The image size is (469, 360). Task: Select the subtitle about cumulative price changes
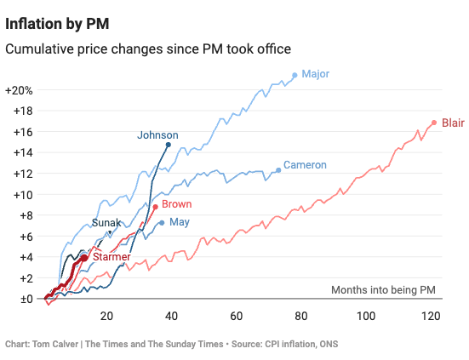(148, 49)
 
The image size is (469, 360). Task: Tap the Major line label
(315, 74)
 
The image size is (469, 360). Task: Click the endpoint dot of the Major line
(295, 75)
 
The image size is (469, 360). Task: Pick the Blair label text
(452, 123)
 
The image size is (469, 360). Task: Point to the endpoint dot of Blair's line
(434, 123)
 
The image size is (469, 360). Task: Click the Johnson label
(157, 134)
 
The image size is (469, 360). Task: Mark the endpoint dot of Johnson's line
(168, 145)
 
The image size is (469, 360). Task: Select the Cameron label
(306, 164)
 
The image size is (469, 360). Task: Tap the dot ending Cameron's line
(278, 170)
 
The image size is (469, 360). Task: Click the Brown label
(176, 204)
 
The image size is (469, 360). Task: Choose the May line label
(179, 222)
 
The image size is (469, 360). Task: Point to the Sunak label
(106, 223)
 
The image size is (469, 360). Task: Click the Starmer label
(111, 256)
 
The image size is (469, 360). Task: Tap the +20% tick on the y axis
(19, 90)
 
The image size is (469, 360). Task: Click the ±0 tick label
(19, 299)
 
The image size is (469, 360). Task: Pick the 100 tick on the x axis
(366, 316)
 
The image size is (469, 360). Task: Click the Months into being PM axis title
(383, 290)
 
